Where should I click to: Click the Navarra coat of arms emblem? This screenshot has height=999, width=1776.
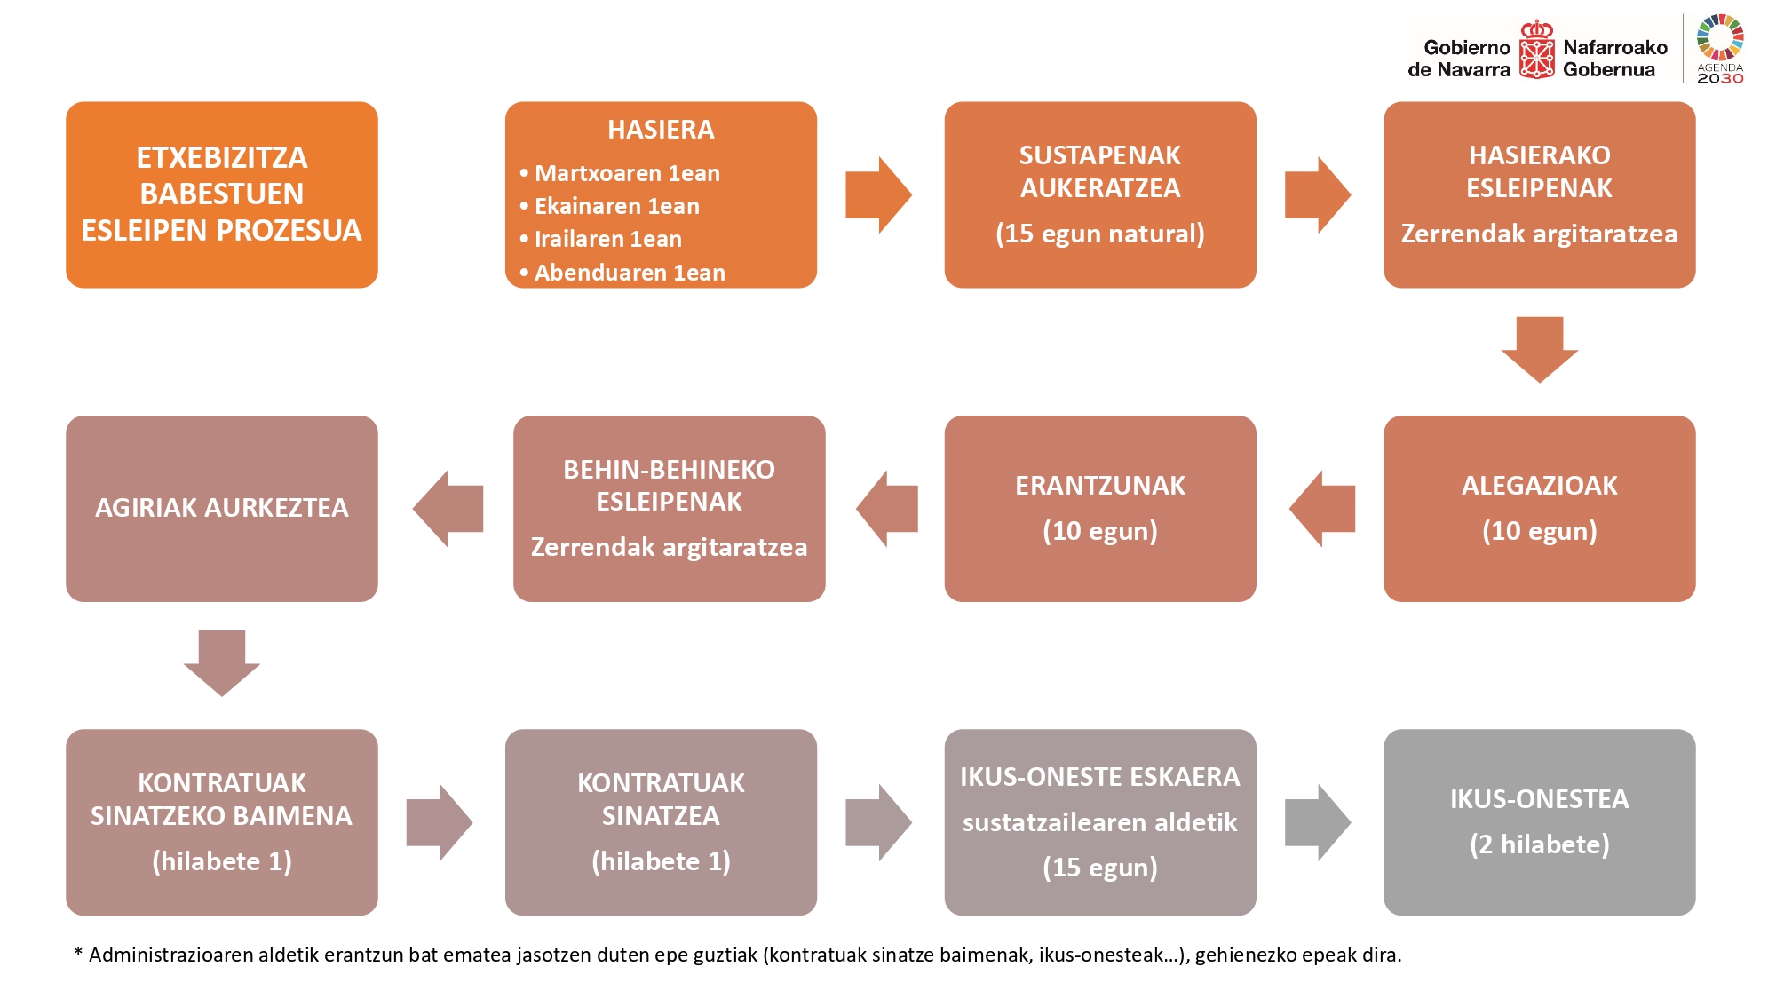point(1536,50)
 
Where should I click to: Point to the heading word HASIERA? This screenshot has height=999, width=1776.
point(661,130)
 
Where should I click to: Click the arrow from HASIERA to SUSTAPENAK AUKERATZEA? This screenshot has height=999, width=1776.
point(878,195)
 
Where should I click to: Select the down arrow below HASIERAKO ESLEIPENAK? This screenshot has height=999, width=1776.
point(1540,350)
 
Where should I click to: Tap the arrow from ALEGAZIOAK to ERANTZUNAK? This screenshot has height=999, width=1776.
point(1322,509)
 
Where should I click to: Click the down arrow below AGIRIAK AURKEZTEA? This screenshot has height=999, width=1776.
point(222,663)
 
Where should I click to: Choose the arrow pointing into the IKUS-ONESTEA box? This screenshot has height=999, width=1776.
point(1318,822)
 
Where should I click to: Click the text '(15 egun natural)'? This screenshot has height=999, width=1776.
point(1100,234)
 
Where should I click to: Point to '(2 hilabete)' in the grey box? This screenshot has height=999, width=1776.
point(1540,844)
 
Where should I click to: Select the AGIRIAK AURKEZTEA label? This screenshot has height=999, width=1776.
point(222,508)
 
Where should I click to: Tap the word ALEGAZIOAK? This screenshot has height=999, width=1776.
point(1540,486)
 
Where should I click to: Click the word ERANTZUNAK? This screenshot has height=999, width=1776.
point(1100,486)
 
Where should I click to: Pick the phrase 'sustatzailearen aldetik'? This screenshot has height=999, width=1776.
point(1100,822)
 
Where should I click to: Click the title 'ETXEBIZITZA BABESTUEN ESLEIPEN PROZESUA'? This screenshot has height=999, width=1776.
point(222,194)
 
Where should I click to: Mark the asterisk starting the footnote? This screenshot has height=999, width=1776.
point(78,952)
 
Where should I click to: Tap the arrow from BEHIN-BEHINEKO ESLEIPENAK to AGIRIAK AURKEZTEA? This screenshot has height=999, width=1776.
point(448,509)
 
